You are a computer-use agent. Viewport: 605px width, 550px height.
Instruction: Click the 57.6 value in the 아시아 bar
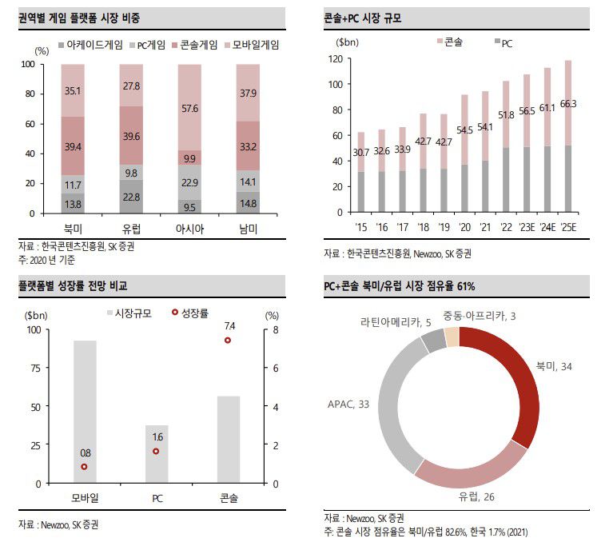coord(189,107)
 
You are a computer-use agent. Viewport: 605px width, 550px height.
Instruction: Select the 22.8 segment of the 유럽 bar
coord(131,197)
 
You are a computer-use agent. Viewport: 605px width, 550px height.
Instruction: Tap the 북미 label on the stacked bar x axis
coord(73,229)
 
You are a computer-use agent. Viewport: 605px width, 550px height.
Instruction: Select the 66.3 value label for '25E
coord(568,104)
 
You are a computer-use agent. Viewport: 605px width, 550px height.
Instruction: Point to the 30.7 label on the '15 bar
coord(360,153)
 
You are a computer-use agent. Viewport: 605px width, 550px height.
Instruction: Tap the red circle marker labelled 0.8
coord(85,467)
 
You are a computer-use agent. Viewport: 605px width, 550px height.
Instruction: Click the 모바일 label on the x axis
coord(85,498)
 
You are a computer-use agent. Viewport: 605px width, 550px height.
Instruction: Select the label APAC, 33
coord(348,405)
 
